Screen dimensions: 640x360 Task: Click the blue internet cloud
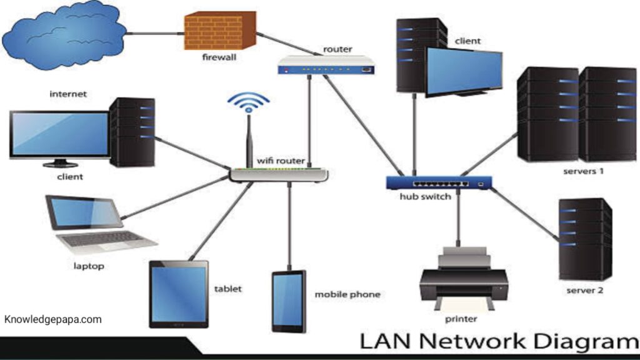[65, 37]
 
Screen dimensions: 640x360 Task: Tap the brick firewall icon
[220, 31]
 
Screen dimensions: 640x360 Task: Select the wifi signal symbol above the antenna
[249, 102]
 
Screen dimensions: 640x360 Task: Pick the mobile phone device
[289, 302]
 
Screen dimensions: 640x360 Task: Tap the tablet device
[179, 294]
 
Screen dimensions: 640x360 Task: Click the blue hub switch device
[439, 183]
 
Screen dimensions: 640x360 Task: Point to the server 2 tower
[585, 239]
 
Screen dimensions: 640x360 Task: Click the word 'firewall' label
[219, 57]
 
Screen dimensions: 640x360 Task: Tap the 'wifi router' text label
[281, 161]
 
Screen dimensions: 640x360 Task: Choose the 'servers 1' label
[583, 171]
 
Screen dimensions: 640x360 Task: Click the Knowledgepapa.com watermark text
[53, 319]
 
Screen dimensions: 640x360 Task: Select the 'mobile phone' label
[347, 294]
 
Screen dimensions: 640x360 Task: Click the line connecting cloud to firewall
[155, 34]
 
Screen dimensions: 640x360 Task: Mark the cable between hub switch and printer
[458, 218]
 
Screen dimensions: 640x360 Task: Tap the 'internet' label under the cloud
[68, 94]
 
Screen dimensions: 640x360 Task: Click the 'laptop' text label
[89, 266]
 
